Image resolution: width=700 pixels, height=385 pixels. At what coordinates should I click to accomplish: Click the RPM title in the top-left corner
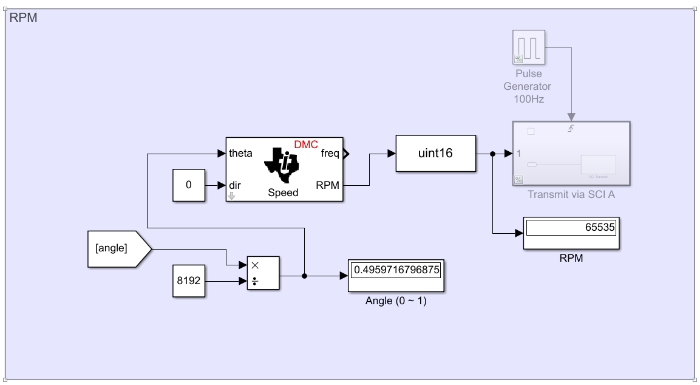click(x=24, y=18)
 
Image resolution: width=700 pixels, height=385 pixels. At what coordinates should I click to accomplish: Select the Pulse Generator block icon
click(x=528, y=47)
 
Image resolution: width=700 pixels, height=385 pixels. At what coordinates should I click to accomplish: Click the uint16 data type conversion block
click(x=435, y=153)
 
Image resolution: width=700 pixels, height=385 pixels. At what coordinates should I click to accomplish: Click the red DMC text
click(x=306, y=145)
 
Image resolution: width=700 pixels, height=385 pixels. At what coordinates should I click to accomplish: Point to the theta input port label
click(x=241, y=153)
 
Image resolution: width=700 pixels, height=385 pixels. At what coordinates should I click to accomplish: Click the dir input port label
click(x=235, y=185)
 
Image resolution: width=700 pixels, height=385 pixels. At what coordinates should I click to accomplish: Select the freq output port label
click(x=330, y=153)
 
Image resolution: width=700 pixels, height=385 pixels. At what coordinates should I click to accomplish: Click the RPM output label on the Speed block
click(x=328, y=185)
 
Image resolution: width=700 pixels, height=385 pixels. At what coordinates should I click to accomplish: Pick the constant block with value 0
click(x=188, y=185)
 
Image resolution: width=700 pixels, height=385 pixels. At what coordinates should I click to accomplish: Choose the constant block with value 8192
click(x=188, y=281)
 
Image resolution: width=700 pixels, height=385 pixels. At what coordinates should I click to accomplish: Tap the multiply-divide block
click(x=263, y=273)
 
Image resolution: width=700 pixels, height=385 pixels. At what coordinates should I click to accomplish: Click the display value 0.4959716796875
click(x=396, y=269)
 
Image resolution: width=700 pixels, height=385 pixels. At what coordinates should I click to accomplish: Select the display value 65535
click(x=571, y=228)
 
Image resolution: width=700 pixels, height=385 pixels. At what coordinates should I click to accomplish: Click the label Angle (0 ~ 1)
click(x=396, y=301)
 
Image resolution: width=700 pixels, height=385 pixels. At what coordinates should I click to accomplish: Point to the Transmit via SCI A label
click(x=571, y=195)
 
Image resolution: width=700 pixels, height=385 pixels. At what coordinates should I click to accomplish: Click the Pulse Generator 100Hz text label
click(x=528, y=86)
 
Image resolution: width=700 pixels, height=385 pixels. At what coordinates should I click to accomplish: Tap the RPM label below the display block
click(x=571, y=258)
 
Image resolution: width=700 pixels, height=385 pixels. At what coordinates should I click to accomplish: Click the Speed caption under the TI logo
click(x=283, y=193)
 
